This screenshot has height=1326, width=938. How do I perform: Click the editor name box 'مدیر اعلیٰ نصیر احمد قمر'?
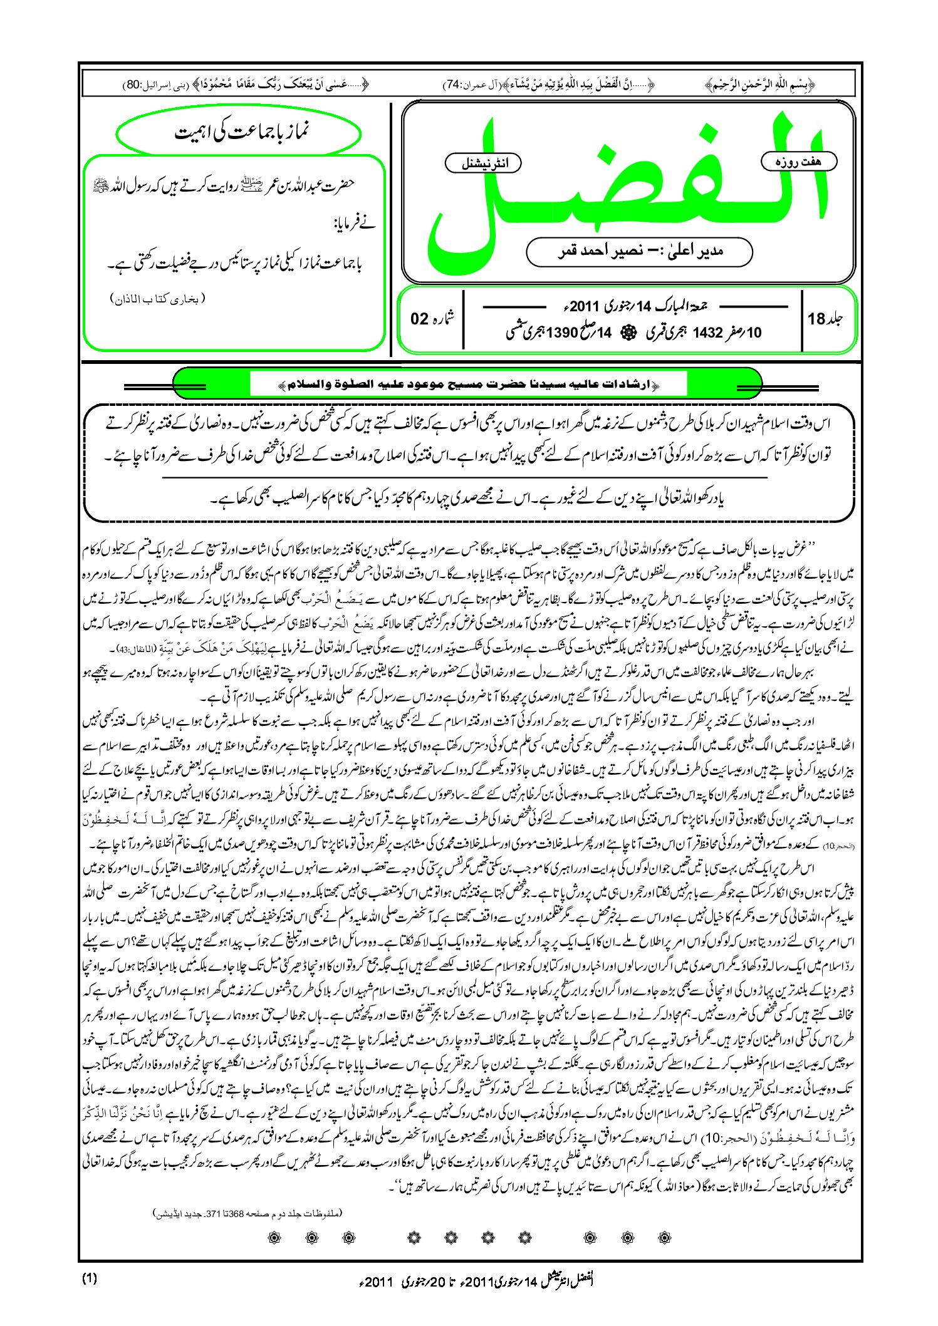[x=639, y=251]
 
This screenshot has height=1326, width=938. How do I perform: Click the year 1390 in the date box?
[x=561, y=332]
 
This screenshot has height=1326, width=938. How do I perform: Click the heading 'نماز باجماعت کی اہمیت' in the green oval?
[x=239, y=133]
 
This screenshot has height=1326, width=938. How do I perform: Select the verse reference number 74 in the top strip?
[x=452, y=84]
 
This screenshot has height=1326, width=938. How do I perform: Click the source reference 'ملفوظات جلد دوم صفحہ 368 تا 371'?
[x=249, y=1213]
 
